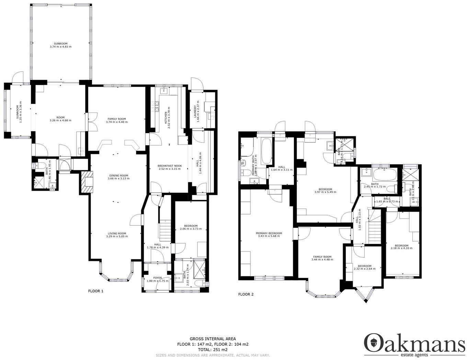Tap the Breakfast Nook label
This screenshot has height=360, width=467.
pyautogui.click(x=170, y=166)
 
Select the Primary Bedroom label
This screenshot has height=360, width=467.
pyautogui.click(x=269, y=233)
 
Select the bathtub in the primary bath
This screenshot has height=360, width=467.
pyautogui.click(x=266, y=151)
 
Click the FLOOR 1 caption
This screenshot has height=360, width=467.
pyautogui.click(x=95, y=291)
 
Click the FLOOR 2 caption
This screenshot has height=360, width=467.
pyautogui.click(x=246, y=294)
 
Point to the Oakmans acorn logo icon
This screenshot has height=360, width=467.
pyautogui.click(x=373, y=342)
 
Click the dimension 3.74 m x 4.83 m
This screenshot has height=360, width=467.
pyautogui.click(x=60, y=47)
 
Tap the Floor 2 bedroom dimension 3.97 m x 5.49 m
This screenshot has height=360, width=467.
pyautogui.click(x=325, y=192)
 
